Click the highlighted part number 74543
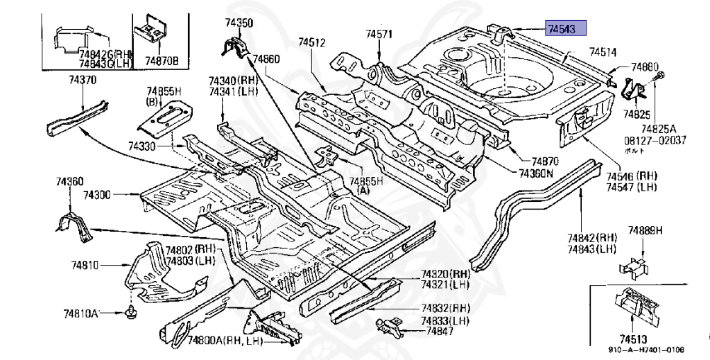[566, 28]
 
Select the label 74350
[239, 24]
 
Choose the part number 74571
[379, 34]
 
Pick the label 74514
[603, 51]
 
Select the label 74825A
[658, 128]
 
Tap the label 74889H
[646, 230]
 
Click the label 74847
[440, 332]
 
